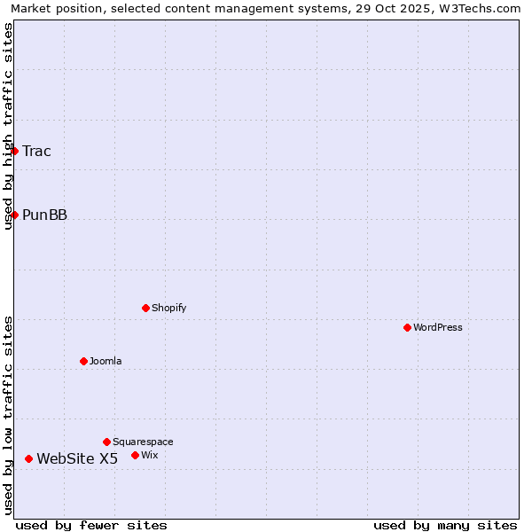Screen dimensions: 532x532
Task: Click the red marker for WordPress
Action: click(x=407, y=327)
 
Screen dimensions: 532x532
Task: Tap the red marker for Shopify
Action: click(x=145, y=308)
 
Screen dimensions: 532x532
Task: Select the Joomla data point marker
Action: click(x=83, y=361)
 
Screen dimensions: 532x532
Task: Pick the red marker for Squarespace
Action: click(x=106, y=442)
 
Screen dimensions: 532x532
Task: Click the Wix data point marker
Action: click(x=135, y=455)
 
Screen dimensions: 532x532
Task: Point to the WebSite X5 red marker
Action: click(x=28, y=458)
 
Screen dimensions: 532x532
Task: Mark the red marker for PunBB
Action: click(x=14, y=215)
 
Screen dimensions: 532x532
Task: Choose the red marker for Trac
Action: click(x=14, y=151)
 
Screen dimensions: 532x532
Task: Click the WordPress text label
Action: click(x=438, y=327)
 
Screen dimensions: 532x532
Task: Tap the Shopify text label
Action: click(x=168, y=308)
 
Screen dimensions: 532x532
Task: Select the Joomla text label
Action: click(x=106, y=361)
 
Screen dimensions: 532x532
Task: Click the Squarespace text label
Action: click(x=143, y=442)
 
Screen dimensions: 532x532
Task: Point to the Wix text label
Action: click(x=149, y=455)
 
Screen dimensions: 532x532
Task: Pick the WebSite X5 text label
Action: click(x=77, y=458)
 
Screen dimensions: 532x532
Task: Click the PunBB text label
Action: click(x=44, y=215)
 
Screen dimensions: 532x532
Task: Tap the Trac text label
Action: click(x=36, y=151)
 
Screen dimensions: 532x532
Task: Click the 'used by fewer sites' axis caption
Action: click(x=91, y=525)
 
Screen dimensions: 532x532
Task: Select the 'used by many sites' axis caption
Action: click(x=445, y=525)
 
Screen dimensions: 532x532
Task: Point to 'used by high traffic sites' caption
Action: click(x=8, y=126)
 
